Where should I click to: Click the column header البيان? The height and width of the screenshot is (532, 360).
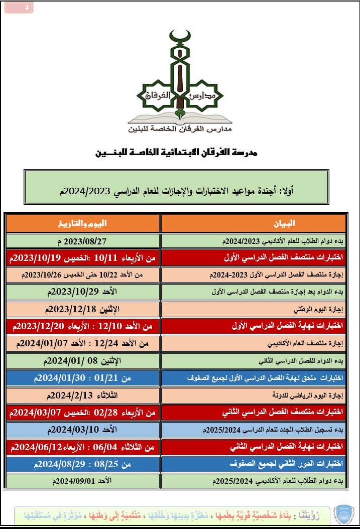pos(254,223)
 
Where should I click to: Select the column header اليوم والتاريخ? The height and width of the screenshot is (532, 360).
pos(83,223)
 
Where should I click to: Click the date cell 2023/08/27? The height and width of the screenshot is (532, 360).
pos(83,241)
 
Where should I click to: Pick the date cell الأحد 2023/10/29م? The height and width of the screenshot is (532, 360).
pos(83,292)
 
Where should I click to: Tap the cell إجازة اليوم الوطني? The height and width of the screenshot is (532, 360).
pos(254,309)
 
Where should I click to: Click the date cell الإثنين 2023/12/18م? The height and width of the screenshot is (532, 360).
pos(83,309)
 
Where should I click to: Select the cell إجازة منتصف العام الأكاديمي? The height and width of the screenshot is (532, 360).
pos(254,344)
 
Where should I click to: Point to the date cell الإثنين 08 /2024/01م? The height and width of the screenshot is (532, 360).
pos(83,361)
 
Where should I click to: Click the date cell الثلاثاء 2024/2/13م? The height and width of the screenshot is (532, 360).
pos(83,395)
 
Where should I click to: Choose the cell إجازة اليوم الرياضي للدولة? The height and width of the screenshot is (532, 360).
pos(254,395)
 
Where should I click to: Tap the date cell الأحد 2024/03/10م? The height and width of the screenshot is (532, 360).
pos(83,430)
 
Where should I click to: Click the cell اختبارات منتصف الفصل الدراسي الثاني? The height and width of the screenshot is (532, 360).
pos(254,413)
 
